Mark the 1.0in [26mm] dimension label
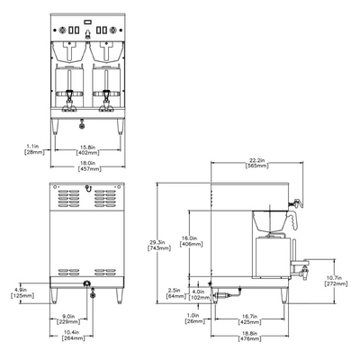[x=191, y=318]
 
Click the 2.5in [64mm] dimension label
[x=176, y=293]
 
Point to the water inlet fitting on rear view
[x=86, y=285]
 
